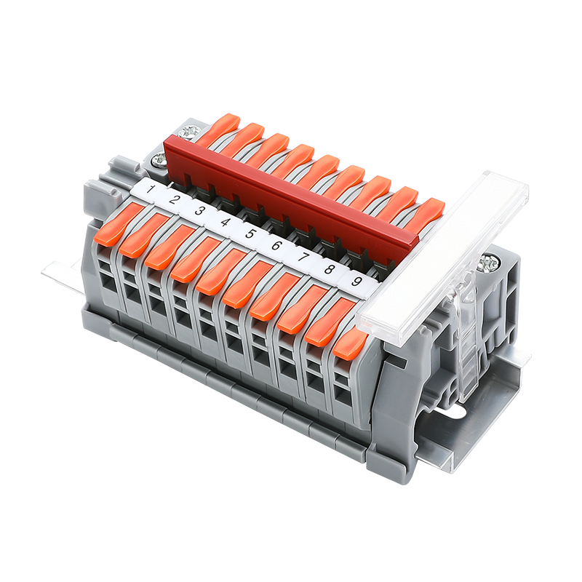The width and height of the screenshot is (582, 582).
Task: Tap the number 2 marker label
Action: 173,201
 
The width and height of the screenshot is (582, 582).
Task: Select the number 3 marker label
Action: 199,212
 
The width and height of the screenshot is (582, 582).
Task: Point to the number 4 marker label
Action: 225,223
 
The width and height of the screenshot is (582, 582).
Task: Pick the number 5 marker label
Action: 250,234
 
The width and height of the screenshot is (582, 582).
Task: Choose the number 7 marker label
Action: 303,257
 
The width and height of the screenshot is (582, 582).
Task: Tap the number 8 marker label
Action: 329,268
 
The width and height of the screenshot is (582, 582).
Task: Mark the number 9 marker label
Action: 356,281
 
